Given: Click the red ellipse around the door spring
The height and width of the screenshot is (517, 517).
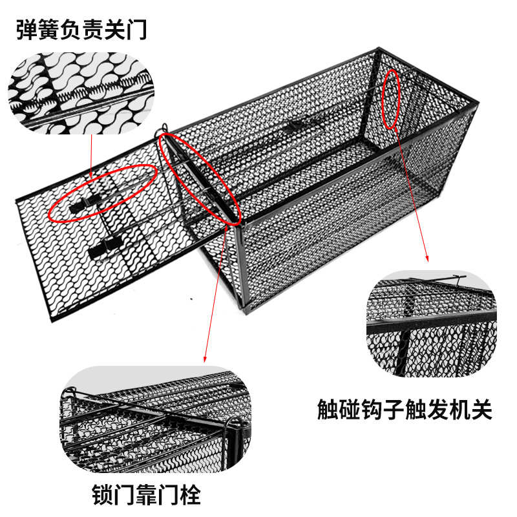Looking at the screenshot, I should [x=103, y=192].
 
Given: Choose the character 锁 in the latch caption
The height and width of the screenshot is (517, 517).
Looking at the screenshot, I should [x=103, y=495].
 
